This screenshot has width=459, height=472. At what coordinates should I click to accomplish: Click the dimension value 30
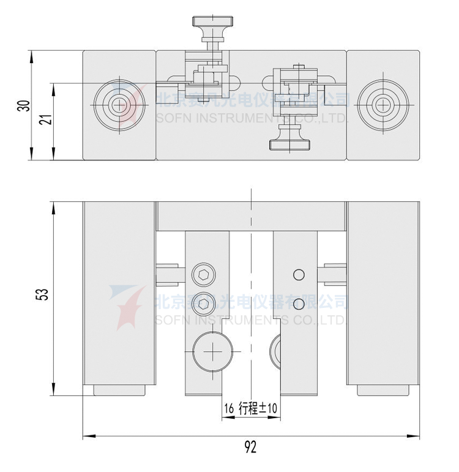tap(23, 105)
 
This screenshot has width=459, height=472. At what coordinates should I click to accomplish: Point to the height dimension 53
tap(42, 294)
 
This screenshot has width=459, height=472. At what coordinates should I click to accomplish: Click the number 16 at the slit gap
tap(229, 408)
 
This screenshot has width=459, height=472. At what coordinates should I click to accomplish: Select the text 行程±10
tap(259, 408)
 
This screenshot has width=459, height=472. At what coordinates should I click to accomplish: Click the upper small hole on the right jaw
tap(298, 275)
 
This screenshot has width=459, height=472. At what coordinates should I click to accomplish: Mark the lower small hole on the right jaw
tap(298, 304)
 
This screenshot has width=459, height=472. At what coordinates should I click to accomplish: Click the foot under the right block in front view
tap(382, 390)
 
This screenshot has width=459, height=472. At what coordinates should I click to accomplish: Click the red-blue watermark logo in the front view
tap(127, 306)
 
